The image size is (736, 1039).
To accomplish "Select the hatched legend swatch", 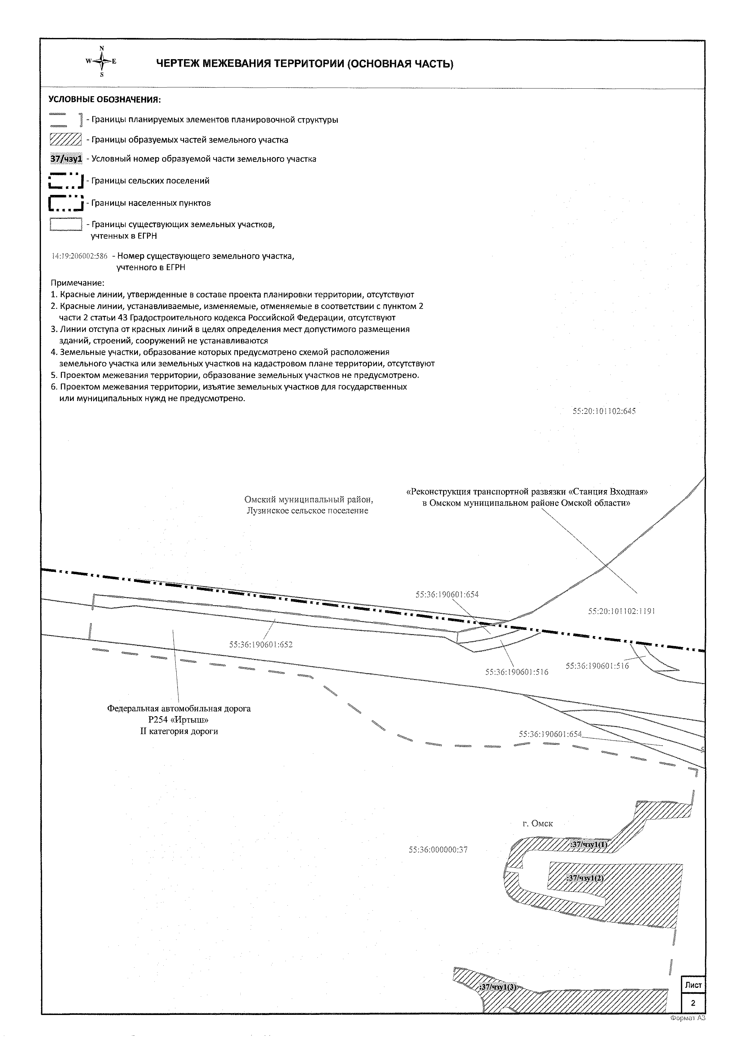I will (x=66, y=140).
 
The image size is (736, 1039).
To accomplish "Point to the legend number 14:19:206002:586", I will (x=80, y=256).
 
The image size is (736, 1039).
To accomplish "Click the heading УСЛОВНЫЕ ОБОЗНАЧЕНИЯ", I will (x=105, y=99).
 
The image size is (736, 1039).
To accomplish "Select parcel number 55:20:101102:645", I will (x=604, y=411).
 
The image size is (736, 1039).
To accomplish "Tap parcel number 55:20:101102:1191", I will (x=621, y=611).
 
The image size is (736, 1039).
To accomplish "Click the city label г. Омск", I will (x=538, y=823).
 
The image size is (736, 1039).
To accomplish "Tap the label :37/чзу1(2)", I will (x=585, y=878).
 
